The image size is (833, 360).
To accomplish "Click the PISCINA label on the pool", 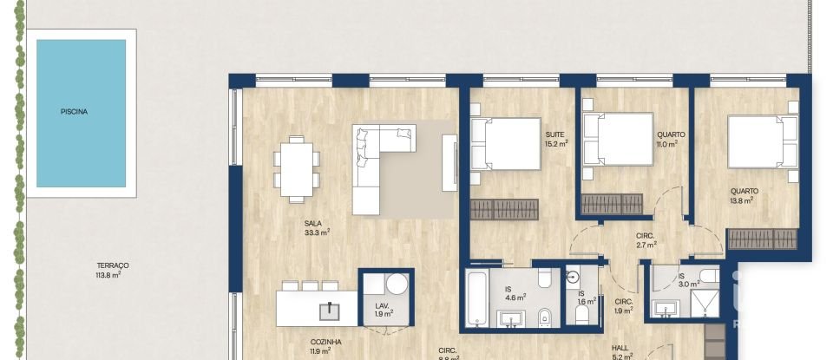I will click(x=75, y=112).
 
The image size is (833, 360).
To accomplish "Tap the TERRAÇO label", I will click(x=114, y=265).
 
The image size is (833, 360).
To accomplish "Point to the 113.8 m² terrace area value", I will click(x=114, y=275).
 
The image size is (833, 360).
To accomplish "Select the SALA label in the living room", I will click(x=313, y=223).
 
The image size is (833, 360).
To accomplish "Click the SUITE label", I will click(x=555, y=134).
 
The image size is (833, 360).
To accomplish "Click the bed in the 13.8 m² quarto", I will click(x=762, y=141).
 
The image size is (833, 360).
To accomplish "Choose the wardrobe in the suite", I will click(x=504, y=209).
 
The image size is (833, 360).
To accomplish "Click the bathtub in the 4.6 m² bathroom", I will click(x=476, y=298).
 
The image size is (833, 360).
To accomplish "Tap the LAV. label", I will click(x=382, y=305).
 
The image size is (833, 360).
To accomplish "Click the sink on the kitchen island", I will click(x=331, y=309).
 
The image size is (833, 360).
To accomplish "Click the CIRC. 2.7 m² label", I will click(x=645, y=240).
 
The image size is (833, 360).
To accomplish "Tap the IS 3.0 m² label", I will click(x=687, y=280).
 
